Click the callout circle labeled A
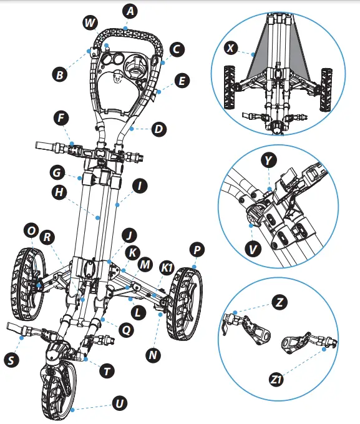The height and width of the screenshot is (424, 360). coord(130,11)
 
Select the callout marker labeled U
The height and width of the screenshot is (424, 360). coord(119,404)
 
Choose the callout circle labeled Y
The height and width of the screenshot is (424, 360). coord(268,160)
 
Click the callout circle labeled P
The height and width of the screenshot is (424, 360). coord(198,250)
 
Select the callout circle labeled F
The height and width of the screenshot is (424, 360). coord(61,117)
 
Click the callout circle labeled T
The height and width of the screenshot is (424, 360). coord(107,371)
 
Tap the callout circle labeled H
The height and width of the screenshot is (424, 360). coord(60,193)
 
